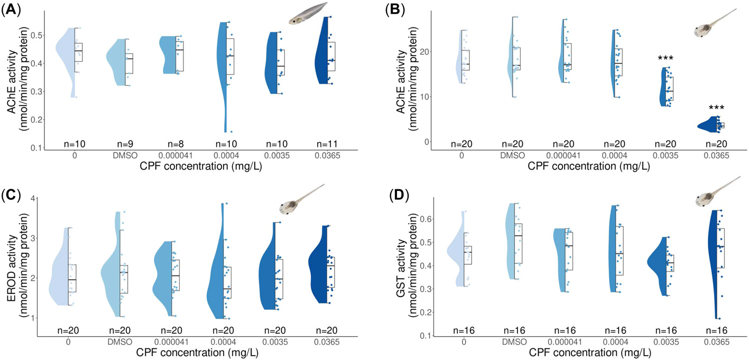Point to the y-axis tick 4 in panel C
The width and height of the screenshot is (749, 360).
tap(32, 199)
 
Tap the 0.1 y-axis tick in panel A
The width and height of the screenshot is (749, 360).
tap(33, 148)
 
